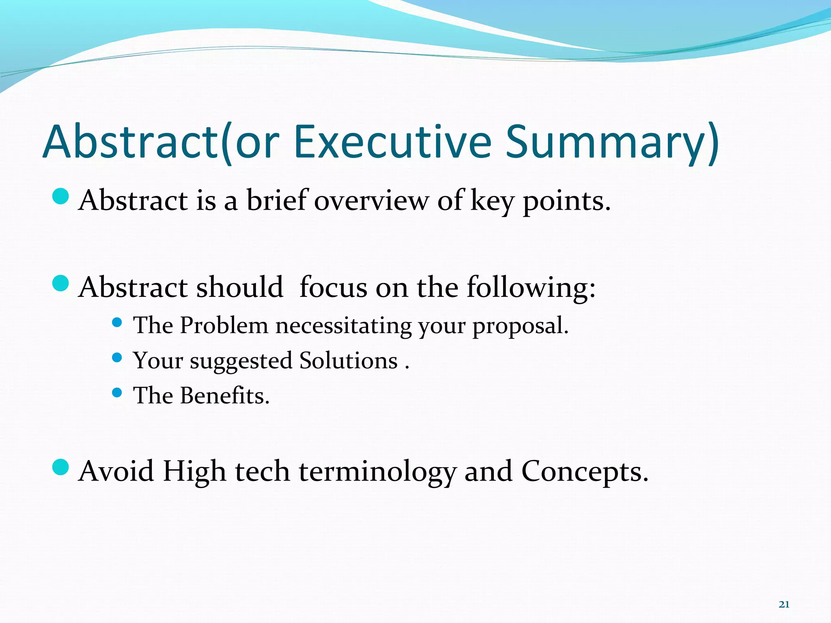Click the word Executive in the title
coord(392,142)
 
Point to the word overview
coord(371,201)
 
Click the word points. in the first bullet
coord(566,202)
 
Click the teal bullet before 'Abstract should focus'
coord(61,283)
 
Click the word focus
coord(333,287)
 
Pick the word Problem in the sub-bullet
coord(224,325)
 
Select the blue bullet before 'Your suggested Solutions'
coord(117,357)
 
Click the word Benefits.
coord(225,395)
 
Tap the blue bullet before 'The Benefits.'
coord(117,393)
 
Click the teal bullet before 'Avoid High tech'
coord(61,467)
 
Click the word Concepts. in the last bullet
coord(585,472)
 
